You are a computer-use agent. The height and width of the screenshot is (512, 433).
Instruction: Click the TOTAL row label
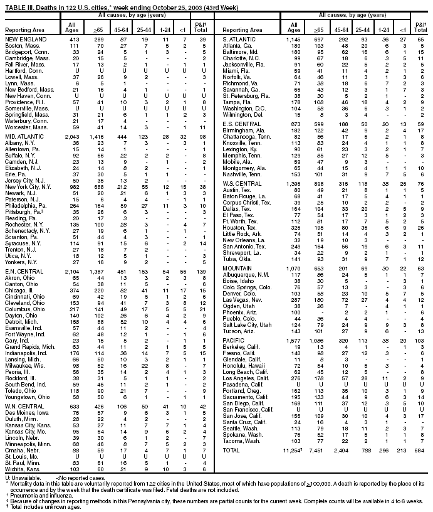[232, 451]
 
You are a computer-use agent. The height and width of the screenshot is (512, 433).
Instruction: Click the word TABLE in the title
[14, 4]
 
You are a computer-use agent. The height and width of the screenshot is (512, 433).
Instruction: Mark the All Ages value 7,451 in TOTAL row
[316, 451]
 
